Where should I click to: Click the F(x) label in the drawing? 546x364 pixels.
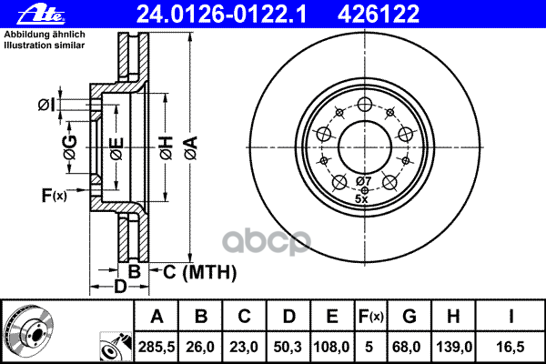pyautogui.click(x=54, y=194)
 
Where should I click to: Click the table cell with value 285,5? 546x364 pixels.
pyautogui.click(x=157, y=346)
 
